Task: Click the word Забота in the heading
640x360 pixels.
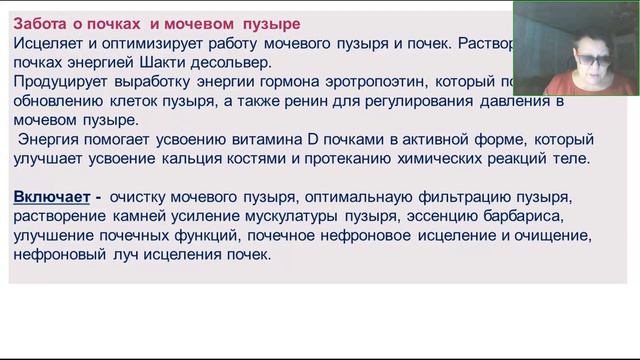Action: coord(39,23)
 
